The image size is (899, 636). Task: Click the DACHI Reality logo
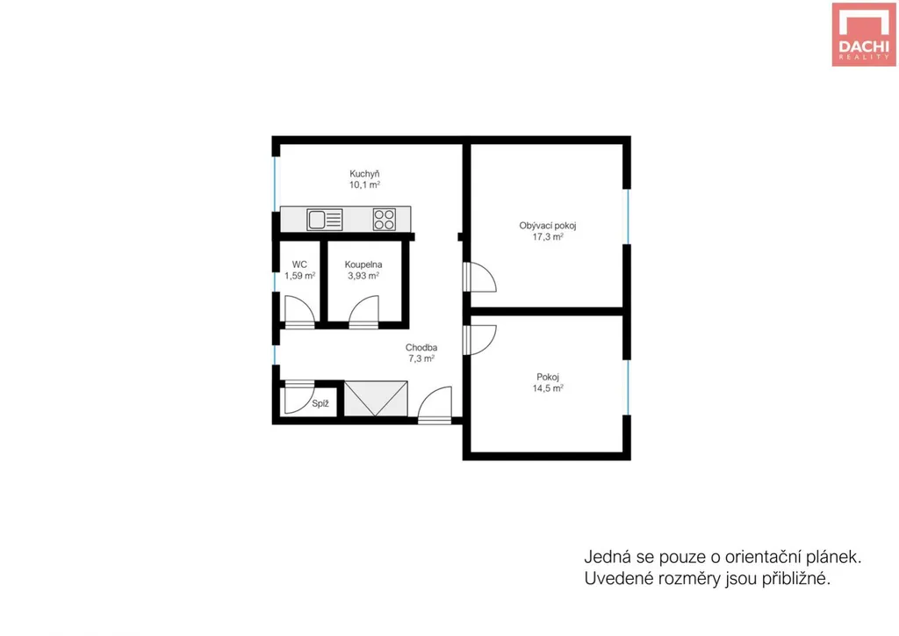click(x=864, y=34)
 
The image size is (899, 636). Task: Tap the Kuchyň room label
click(x=364, y=174)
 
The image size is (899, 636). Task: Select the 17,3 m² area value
click(x=548, y=236)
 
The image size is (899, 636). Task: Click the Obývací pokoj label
click(x=548, y=226)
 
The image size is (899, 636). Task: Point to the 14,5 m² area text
click(x=548, y=388)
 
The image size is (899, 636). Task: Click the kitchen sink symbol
click(x=325, y=220)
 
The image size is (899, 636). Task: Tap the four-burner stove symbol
click(x=385, y=220)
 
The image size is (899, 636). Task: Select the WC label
click(x=299, y=264)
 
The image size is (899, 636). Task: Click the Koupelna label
click(x=363, y=264)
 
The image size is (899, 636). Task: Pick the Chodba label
click(x=421, y=348)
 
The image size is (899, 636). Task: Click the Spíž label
click(x=320, y=404)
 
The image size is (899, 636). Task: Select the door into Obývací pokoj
click(x=480, y=278)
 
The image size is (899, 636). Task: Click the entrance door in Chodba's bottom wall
click(x=435, y=405)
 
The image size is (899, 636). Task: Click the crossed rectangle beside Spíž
click(x=376, y=399)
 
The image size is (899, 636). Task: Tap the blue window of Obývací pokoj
click(x=628, y=216)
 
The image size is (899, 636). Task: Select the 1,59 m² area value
click(x=300, y=276)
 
